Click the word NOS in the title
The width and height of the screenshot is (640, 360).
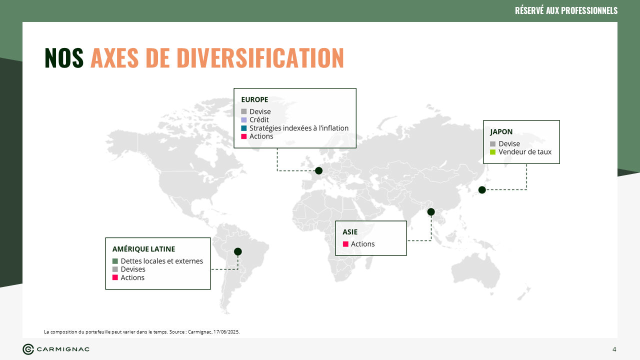point(64,57)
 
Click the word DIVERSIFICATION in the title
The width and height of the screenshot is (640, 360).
point(260,57)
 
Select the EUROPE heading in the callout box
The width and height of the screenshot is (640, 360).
point(254,99)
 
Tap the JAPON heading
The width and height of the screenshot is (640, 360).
point(501,132)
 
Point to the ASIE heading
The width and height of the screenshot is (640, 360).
point(350,232)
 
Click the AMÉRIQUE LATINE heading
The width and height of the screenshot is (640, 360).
point(143,249)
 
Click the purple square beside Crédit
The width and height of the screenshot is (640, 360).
point(243,120)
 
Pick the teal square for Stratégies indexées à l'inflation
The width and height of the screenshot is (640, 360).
point(243,128)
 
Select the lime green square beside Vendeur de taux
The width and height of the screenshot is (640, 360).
point(493,152)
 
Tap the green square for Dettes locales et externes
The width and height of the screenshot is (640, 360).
point(115,261)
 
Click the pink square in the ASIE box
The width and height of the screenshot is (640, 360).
point(345,244)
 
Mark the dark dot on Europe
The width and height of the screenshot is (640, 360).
point(319,171)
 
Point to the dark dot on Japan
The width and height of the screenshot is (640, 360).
point(482,189)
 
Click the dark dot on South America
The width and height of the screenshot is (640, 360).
point(237,251)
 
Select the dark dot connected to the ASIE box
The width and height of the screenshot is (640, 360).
point(431,211)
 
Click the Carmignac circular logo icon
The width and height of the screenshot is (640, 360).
point(28,349)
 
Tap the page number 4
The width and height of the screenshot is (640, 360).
point(614,349)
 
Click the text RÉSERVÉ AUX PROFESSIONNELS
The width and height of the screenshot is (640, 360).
point(566,10)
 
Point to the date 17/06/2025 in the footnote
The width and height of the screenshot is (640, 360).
point(226,332)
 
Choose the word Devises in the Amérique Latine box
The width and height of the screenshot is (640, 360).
point(133,269)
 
